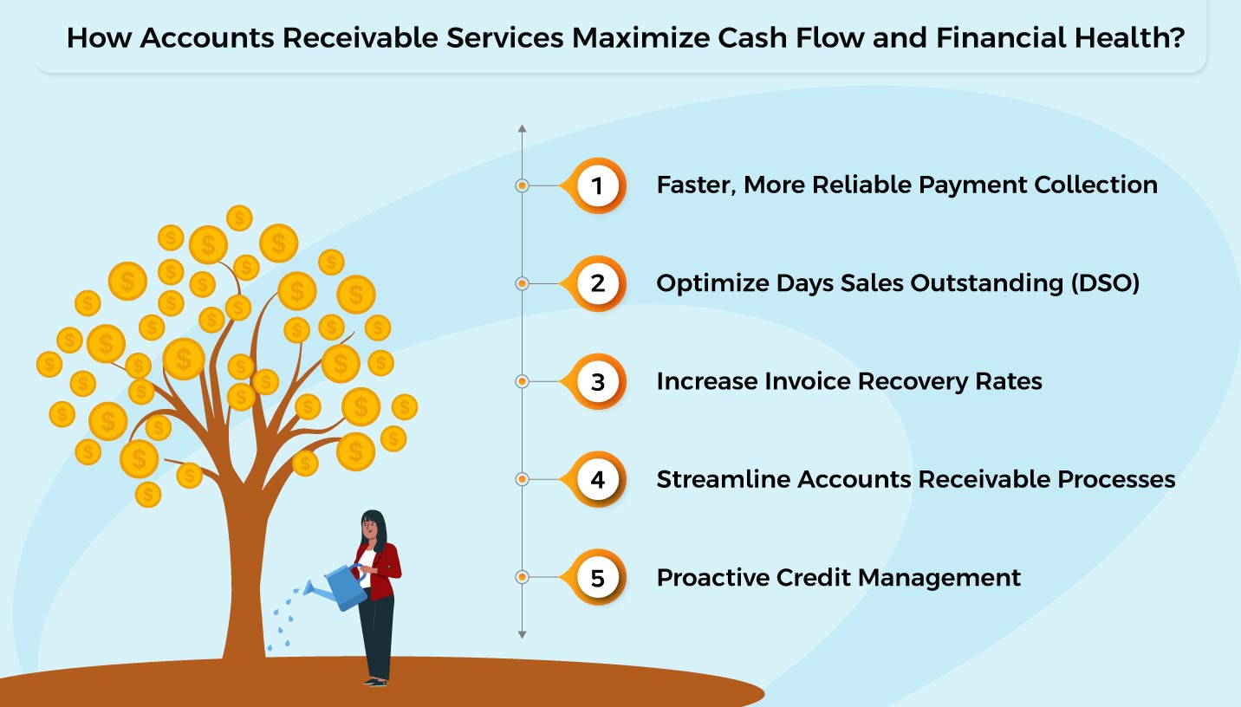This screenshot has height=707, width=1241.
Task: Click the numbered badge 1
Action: (597, 185)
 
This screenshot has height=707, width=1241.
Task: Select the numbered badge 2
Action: (597, 283)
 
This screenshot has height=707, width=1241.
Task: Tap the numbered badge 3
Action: (597, 381)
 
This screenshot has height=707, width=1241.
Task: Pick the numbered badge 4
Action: (597, 479)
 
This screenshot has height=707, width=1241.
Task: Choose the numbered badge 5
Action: (597, 577)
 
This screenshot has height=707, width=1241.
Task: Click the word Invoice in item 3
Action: (800, 381)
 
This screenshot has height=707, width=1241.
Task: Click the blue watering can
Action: (343, 586)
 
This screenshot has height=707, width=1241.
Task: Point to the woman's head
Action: (372, 525)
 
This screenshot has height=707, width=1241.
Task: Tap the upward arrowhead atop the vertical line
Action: (522, 129)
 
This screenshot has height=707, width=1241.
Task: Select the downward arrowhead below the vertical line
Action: (522, 634)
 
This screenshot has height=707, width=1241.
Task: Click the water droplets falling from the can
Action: (284, 617)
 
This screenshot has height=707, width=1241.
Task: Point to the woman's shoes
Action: (375, 681)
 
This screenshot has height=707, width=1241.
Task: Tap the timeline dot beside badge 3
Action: (522, 381)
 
